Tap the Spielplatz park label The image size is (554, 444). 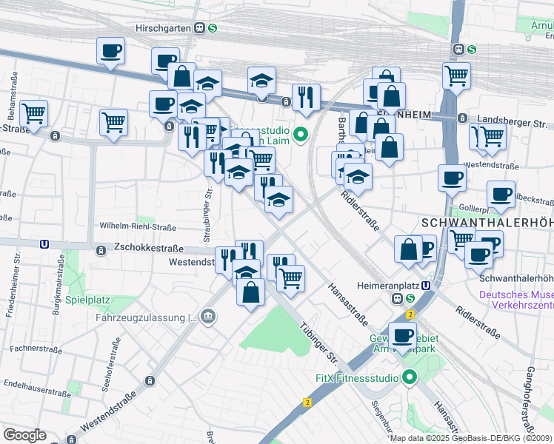87,300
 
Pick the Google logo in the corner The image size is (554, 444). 24,434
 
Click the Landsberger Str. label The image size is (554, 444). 511,118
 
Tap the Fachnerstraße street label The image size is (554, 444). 35,347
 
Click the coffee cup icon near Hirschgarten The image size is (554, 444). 110,50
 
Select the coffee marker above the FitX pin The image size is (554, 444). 402,335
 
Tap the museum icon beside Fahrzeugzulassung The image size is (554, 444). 210,317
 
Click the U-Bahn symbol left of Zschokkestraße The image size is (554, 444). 45,243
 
